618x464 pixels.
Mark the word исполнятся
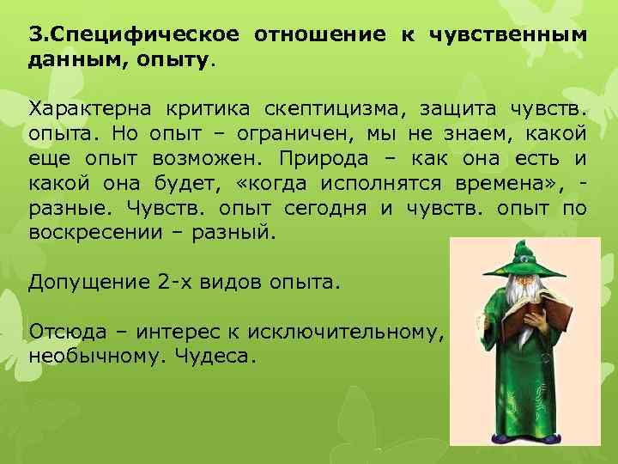[x=381, y=184]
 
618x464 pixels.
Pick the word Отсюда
[x=63, y=332]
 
